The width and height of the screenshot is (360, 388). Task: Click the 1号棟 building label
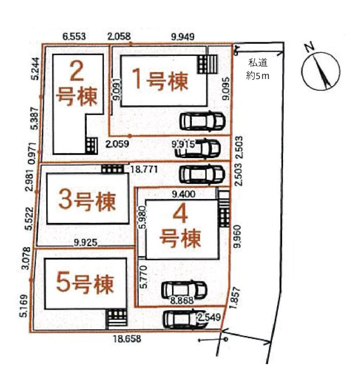[x=160, y=80]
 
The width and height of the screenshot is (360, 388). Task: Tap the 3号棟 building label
[x=87, y=201]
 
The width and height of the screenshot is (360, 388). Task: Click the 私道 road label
[x=258, y=63]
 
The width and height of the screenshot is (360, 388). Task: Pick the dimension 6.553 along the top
[x=74, y=37]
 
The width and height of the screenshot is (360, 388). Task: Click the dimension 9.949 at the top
[x=183, y=37]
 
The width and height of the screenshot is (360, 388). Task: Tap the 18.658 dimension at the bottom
[x=128, y=339]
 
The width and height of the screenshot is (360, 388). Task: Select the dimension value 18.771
[x=144, y=169]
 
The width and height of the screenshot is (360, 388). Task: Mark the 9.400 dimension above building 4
[x=184, y=194]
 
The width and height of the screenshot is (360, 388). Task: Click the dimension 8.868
[x=182, y=300]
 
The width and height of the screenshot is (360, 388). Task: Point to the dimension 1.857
[x=235, y=298]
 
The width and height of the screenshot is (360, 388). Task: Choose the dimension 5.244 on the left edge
[x=35, y=68]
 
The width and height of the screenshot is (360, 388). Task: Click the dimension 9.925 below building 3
[x=86, y=242]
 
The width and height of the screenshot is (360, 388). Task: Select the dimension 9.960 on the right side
[x=237, y=236]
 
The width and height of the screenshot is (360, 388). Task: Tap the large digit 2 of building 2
[x=77, y=71]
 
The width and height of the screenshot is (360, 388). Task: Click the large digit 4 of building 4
[x=180, y=214]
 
